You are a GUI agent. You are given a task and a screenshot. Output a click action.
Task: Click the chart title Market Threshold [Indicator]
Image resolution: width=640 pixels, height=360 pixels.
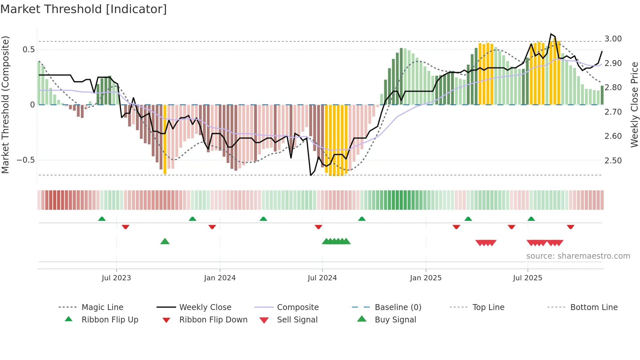click(x=84, y=9)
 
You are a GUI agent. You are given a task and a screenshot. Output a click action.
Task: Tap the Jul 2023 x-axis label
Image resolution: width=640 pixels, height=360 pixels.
click(x=116, y=278)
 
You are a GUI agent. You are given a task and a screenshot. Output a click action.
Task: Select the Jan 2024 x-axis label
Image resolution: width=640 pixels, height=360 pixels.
click(x=220, y=278)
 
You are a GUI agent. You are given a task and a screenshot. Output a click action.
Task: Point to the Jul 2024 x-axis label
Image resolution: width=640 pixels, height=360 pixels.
click(x=322, y=278)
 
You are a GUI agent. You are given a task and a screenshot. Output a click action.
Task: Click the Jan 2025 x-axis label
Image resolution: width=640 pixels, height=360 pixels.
click(x=426, y=278)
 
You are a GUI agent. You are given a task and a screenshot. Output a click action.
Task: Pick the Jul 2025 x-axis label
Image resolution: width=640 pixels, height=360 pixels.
click(x=528, y=278)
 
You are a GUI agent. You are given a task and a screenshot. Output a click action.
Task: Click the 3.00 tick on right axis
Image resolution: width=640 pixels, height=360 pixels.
click(x=613, y=39)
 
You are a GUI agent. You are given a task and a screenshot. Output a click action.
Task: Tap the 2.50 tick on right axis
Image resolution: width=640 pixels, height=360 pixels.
click(x=613, y=161)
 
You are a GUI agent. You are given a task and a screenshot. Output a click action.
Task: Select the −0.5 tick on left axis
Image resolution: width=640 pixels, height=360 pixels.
click(x=26, y=160)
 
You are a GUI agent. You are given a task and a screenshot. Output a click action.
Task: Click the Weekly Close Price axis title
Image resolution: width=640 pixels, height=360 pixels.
click(x=634, y=105)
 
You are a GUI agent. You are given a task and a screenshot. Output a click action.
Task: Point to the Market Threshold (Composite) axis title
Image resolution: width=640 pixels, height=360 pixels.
click(x=5, y=105)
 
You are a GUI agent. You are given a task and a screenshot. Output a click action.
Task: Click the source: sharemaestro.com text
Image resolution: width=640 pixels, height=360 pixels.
click(x=578, y=256)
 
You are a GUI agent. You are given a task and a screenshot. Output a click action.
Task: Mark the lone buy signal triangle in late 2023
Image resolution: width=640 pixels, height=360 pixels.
click(x=165, y=241)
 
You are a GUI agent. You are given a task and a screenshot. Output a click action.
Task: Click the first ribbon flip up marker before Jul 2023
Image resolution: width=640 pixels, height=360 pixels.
click(x=102, y=219)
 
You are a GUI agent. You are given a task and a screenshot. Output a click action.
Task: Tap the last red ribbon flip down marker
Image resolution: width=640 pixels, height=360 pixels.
click(x=570, y=227)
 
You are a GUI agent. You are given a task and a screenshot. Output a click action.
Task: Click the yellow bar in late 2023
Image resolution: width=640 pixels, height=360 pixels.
click(x=165, y=139)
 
